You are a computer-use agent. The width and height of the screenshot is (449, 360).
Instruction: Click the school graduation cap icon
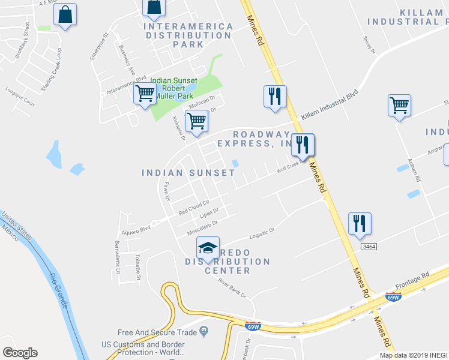(207, 248)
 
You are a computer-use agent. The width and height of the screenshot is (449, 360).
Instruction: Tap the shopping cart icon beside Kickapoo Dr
(196, 121)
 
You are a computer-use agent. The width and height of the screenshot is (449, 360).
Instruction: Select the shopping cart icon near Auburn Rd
(399, 106)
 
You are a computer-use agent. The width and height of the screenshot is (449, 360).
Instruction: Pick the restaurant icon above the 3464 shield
(359, 223)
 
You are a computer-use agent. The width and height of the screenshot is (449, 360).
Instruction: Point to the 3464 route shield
(369, 247)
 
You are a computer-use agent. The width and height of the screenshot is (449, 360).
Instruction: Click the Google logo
(20, 353)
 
